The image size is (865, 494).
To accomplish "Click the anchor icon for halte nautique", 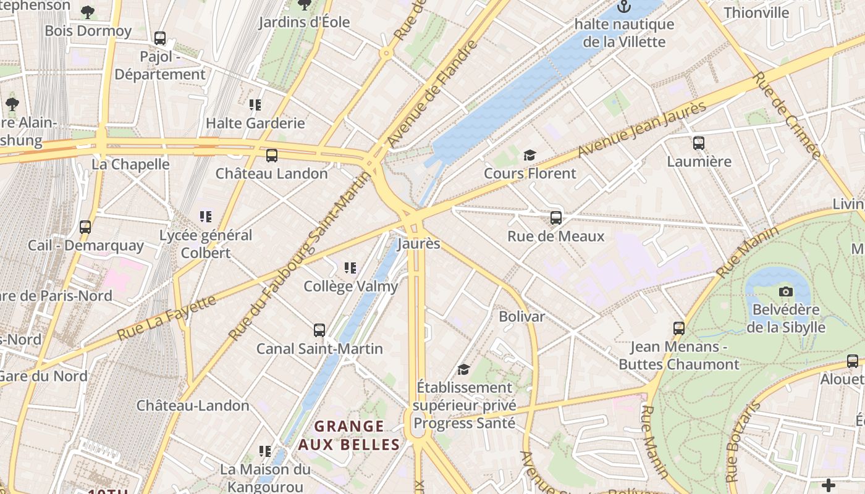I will [x=624, y=7].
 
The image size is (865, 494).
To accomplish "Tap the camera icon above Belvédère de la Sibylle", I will [x=786, y=291].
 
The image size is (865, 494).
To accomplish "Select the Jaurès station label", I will [x=419, y=243].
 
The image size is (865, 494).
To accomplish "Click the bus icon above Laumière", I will [x=699, y=143].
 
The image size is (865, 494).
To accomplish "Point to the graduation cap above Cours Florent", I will [x=530, y=155].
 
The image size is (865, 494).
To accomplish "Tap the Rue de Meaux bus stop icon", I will [x=556, y=218].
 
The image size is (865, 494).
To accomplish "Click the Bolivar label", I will [x=522, y=317].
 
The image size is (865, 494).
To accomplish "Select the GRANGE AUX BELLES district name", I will [x=349, y=435].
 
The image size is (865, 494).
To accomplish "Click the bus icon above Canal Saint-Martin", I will [x=319, y=330].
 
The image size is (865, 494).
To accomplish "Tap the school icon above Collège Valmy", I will [x=350, y=268].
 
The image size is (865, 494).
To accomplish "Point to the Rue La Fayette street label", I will [x=167, y=317].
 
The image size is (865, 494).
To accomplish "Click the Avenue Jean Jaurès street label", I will [x=643, y=130].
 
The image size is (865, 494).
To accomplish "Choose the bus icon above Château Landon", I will [x=272, y=156].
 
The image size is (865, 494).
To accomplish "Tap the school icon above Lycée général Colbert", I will [x=206, y=217].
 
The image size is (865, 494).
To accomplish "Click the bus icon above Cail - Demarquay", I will [x=85, y=227].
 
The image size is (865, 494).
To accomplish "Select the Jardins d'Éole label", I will [x=304, y=22].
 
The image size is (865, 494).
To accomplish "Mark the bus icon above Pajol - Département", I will [x=160, y=38].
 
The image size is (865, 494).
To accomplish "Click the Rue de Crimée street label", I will [x=787, y=115].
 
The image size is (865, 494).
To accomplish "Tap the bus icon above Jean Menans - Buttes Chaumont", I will [x=679, y=329].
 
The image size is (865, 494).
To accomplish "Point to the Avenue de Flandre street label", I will [x=433, y=94].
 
